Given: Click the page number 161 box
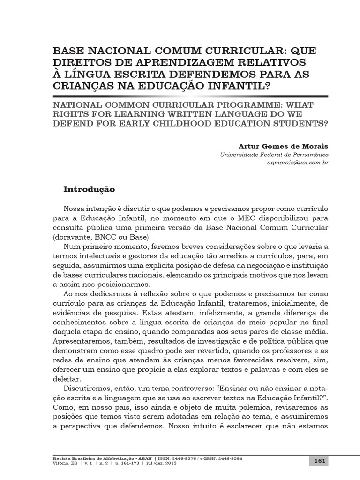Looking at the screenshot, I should [320, 461].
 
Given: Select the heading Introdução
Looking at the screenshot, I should [89, 189].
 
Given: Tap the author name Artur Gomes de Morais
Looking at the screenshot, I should [291, 146].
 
